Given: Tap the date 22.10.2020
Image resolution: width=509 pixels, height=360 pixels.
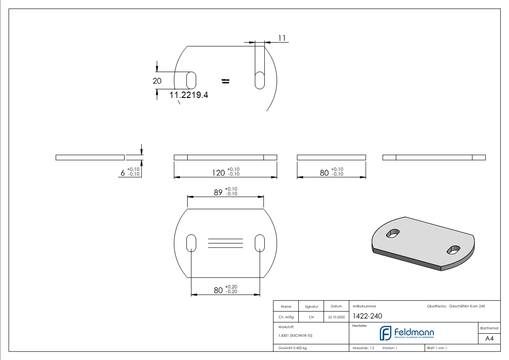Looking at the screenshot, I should coord(336,317).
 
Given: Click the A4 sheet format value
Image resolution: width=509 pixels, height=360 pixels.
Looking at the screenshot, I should coord(490,339).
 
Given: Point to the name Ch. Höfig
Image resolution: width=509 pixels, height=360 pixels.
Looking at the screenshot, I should coord(286,317).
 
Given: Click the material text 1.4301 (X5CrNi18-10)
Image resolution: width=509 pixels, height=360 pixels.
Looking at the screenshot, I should coord(295,336).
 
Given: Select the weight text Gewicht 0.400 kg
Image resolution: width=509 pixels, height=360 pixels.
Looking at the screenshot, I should coord(292,348).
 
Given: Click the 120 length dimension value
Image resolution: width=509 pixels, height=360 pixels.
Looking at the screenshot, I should coord(218,173).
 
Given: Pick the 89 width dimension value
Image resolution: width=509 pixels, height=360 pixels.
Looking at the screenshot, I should coord(218,192).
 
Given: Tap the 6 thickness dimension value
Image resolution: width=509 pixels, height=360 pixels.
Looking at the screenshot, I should coord(122,173).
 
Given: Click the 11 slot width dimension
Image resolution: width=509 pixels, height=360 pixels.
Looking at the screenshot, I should coord(282,39).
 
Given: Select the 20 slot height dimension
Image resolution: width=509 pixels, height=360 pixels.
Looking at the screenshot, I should coord(157,81).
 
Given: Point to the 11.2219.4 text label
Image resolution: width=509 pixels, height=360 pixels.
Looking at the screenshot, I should coord(189,95).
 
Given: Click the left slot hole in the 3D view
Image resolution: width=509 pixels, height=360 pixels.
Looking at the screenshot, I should coord(393,233).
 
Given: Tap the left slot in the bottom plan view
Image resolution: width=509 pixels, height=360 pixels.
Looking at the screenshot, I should coord(191,243).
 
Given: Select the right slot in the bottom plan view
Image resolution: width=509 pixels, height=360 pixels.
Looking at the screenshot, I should coord(260,243).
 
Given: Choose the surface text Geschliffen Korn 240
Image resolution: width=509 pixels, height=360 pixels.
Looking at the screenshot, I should coord(467,306).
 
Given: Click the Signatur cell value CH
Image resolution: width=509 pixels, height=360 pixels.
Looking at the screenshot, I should coord(311,317).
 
